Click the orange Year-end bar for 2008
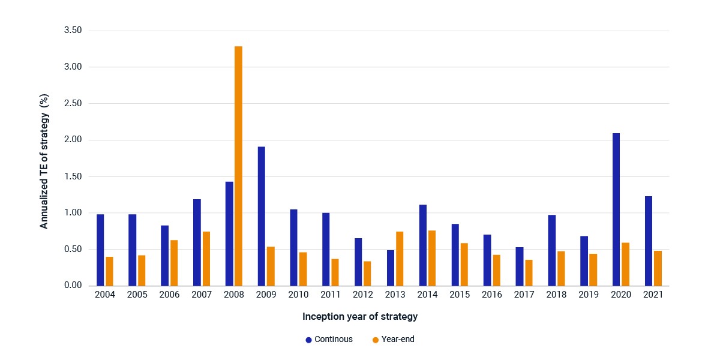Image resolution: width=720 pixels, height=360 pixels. (x=239, y=166)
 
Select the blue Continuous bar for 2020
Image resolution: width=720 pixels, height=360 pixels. (x=616, y=209)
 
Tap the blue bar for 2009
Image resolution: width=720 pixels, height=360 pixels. (x=262, y=217)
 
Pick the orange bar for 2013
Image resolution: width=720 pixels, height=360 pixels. (x=400, y=259)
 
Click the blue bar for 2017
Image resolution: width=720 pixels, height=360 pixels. (x=520, y=266)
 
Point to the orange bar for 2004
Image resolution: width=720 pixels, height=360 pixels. (x=109, y=271)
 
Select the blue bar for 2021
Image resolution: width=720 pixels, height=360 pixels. (x=649, y=241)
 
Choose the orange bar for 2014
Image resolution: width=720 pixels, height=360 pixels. (x=432, y=258)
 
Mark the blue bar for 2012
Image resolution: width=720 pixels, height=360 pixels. (x=358, y=262)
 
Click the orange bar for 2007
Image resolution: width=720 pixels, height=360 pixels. (x=206, y=259)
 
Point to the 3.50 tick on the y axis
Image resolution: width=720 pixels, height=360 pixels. (x=73, y=30)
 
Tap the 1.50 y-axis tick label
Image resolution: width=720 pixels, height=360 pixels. (x=73, y=176)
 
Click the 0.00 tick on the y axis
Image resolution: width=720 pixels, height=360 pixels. (x=73, y=285)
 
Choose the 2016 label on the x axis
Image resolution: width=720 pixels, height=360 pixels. (x=492, y=295)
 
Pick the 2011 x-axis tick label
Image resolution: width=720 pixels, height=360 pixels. (x=331, y=295)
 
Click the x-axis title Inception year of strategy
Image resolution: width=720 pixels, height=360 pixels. (x=360, y=317)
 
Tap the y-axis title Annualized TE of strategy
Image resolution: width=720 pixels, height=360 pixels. (x=44, y=161)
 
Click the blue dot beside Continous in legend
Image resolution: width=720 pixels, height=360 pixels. (x=308, y=340)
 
